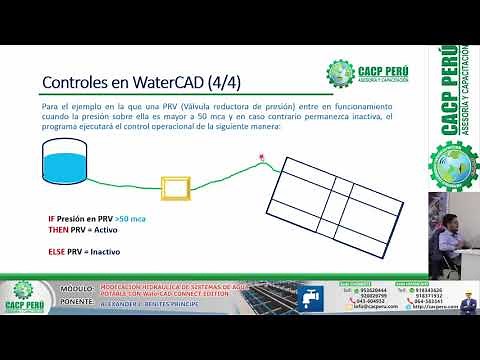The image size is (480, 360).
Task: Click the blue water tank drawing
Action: pyautogui.click(x=66, y=160)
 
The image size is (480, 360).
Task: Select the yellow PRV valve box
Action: pyautogui.click(x=177, y=187)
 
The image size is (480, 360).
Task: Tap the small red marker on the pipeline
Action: pyautogui.click(x=262, y=157)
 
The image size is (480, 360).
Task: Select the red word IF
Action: pyautogui.click(x=52, y=218)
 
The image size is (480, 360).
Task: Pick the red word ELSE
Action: pyautogui.click(x=56, y=251)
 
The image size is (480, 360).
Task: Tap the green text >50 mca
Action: pyautogui.click(x=130, y=218)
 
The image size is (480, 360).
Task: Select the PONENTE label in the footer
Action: pyautogui.click(x=78, y=299)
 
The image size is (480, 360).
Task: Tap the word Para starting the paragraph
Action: pyautogui.click(x=50, y=105)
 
